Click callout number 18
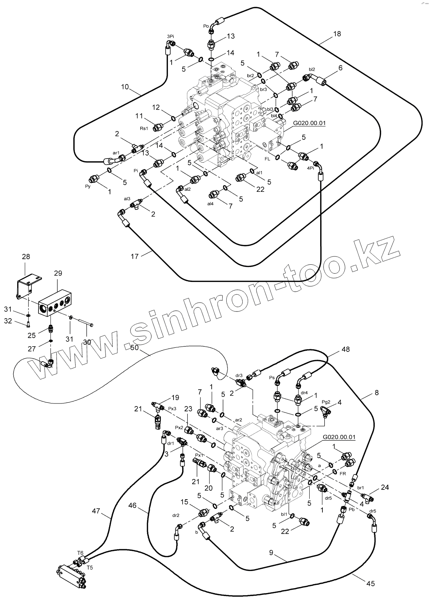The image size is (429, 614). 337,34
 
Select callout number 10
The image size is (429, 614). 125,87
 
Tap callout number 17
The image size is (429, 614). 135,256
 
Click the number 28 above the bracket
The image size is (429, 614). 26,257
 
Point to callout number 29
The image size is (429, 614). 58,273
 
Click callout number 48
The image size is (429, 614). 345,350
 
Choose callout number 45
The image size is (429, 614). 370,583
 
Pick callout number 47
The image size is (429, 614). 96,511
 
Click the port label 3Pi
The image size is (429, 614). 170,36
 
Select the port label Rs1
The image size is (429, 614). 144,129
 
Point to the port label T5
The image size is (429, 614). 90,567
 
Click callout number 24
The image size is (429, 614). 385,487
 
